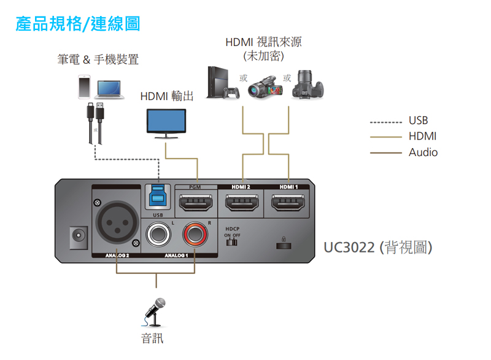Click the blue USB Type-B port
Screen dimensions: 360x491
158,197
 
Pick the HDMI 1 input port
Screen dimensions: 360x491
288,202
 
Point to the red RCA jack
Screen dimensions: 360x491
196,233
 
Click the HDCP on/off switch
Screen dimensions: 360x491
232,241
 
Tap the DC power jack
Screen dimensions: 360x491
78,237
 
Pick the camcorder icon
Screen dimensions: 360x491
265,87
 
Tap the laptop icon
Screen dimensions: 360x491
110,88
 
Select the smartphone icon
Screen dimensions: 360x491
85,87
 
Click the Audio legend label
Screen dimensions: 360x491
423,152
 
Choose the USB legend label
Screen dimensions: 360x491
419,120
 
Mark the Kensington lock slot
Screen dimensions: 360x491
283,245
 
